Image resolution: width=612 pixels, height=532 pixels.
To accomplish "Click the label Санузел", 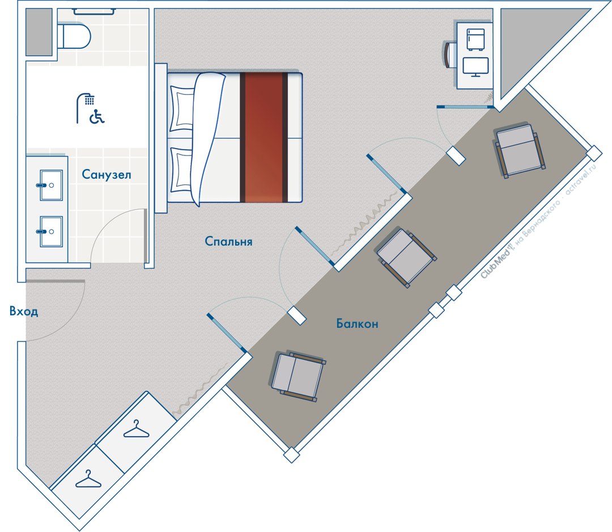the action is pyautogui.click(x=106, y=174).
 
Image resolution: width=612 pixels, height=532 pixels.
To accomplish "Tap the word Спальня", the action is pyautogui.click(x=228, y=242).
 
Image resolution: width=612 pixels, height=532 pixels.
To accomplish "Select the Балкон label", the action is pyautogui.click(x=357, y=323).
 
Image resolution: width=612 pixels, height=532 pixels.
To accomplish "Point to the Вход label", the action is pyautogui.click(x=24, y=311).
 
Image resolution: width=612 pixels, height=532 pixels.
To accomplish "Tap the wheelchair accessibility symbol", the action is pyautogui.click(x=97, y=116).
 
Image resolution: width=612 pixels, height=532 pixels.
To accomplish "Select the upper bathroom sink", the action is pyautogui.click(x=51, y=185).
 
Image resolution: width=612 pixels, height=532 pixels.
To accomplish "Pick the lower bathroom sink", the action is pyautogui.click(x=51, y=231).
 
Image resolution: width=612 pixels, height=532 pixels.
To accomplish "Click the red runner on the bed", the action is pyautogui.click(x=263, y=137).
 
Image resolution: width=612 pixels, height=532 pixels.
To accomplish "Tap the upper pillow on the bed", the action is pyautogui.click(x=182, y=108).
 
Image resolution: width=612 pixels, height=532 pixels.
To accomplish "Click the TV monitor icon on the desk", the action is pyautogui.click(x=475, y=67).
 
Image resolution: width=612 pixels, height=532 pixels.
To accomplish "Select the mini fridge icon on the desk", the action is pyautogui.click(x=475, y=40).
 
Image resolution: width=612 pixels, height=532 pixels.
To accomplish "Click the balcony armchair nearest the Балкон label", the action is pyautogui.click(x=298, y=376).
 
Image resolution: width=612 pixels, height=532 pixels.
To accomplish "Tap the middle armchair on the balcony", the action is pyautogui.click(x=406, y=257).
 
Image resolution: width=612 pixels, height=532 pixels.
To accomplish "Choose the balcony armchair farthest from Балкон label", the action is pyautogui.click(x=520, y=151).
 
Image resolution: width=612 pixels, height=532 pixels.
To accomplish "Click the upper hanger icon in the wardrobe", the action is pyautogui.click(x=136, y=429).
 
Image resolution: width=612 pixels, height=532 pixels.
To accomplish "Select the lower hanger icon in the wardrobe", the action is pyautogui.click(x=88, y=479).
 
